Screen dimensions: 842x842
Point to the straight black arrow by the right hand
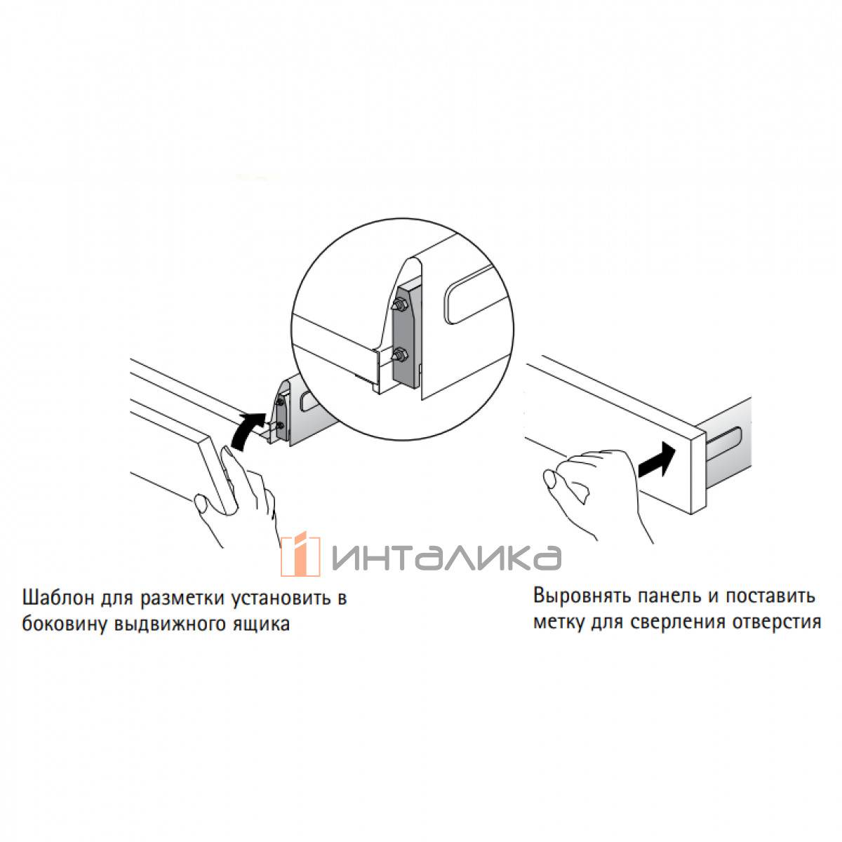657,460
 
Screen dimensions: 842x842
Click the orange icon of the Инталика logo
300,554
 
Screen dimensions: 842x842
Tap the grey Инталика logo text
446,557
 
